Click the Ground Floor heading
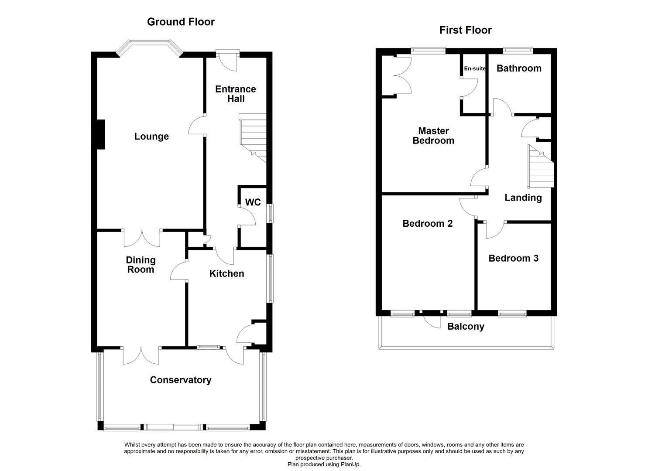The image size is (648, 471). point(181,22)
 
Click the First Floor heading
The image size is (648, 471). point(465,30)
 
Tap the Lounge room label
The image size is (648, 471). point(151,137)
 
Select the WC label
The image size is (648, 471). point(253,202)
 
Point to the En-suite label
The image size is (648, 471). point(474,68)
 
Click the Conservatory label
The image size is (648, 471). point(180,380)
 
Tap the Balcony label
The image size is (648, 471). point(466,327)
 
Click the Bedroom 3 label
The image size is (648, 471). point(513,258)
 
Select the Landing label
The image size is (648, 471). point(523,198)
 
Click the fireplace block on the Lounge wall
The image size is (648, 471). point(100,134)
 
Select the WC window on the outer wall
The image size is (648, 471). point(270,214)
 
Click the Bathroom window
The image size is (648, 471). point(518,51)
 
